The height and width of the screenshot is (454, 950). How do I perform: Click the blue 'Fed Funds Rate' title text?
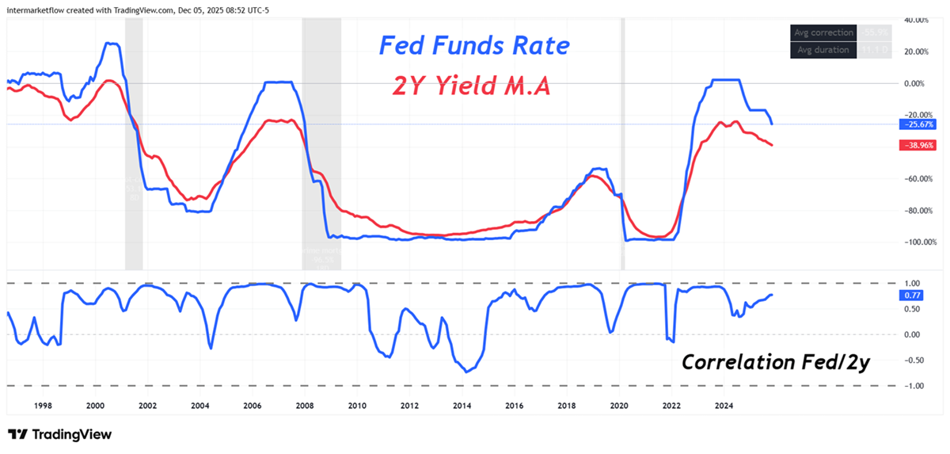tap(473, 45)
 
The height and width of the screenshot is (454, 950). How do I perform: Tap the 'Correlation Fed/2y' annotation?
tap(776, 362)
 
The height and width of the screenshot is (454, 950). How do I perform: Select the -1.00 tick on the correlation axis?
tap(912, 386)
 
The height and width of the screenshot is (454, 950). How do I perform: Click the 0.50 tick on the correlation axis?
tap(912, 309)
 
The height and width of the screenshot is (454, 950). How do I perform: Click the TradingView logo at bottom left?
tap(59, 434)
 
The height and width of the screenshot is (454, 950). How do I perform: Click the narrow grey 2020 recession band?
tap(621, 143)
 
